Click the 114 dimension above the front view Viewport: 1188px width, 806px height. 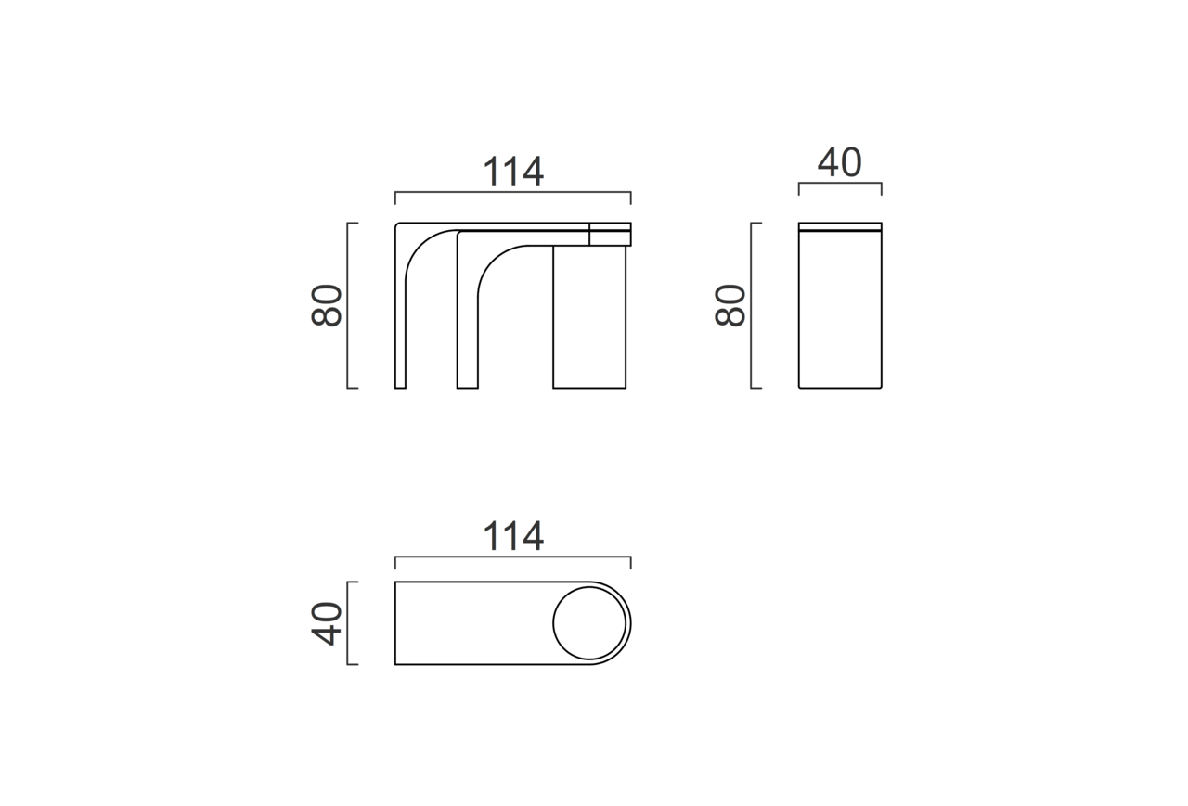click(x=513, y=171)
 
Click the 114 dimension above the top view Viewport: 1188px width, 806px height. click(x=513, y=536)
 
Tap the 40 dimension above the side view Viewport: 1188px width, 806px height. click(x=840, y=162)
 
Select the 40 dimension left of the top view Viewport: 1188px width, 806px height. click(x=326, y=623)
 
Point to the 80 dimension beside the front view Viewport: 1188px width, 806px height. click(x=326, y=305)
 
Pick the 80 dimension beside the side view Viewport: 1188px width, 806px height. click(x=730, y=305)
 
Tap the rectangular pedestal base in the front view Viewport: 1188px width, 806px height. click(x=589, y=317)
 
